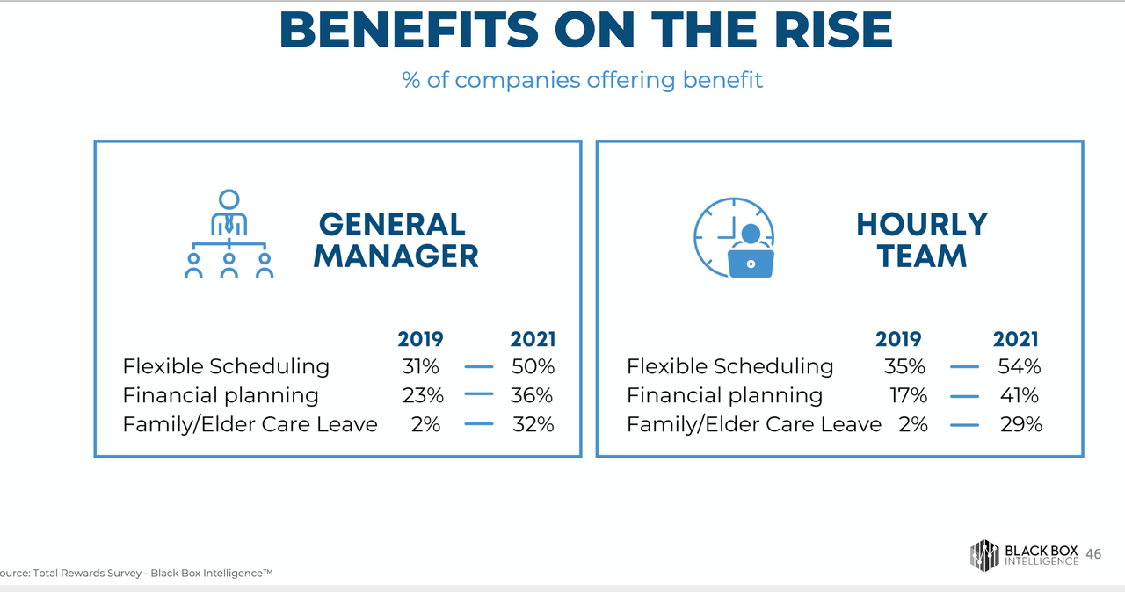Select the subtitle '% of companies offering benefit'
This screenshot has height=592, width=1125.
(x=582, y=80)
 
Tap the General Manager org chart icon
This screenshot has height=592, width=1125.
(x=229, y=235)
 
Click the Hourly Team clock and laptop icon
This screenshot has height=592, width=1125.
(x=735, y=238)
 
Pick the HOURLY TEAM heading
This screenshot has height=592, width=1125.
(x=921, y=240)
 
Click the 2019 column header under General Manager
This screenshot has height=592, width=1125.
(x=420, y=339)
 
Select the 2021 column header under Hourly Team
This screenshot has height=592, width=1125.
(x=1015, y=339)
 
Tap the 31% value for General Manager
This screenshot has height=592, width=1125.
(x=420, y=366)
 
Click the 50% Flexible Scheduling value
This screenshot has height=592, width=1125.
(x=533, y=366)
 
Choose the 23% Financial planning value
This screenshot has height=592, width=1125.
(x=423, y=395)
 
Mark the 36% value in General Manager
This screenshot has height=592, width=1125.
(x=532, y=395)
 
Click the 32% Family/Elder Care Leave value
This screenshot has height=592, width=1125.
(x=533, y=424)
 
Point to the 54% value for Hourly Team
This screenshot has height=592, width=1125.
(x=1019, y=366)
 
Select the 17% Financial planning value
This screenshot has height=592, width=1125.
(x=908, y=395)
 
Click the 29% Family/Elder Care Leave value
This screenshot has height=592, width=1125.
(x=1020, y=424)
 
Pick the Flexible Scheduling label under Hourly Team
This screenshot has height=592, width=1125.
(x=729, y=366)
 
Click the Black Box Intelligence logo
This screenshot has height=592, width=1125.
(x=1025, y=554)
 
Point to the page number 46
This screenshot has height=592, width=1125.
(x=1093, y=554)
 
